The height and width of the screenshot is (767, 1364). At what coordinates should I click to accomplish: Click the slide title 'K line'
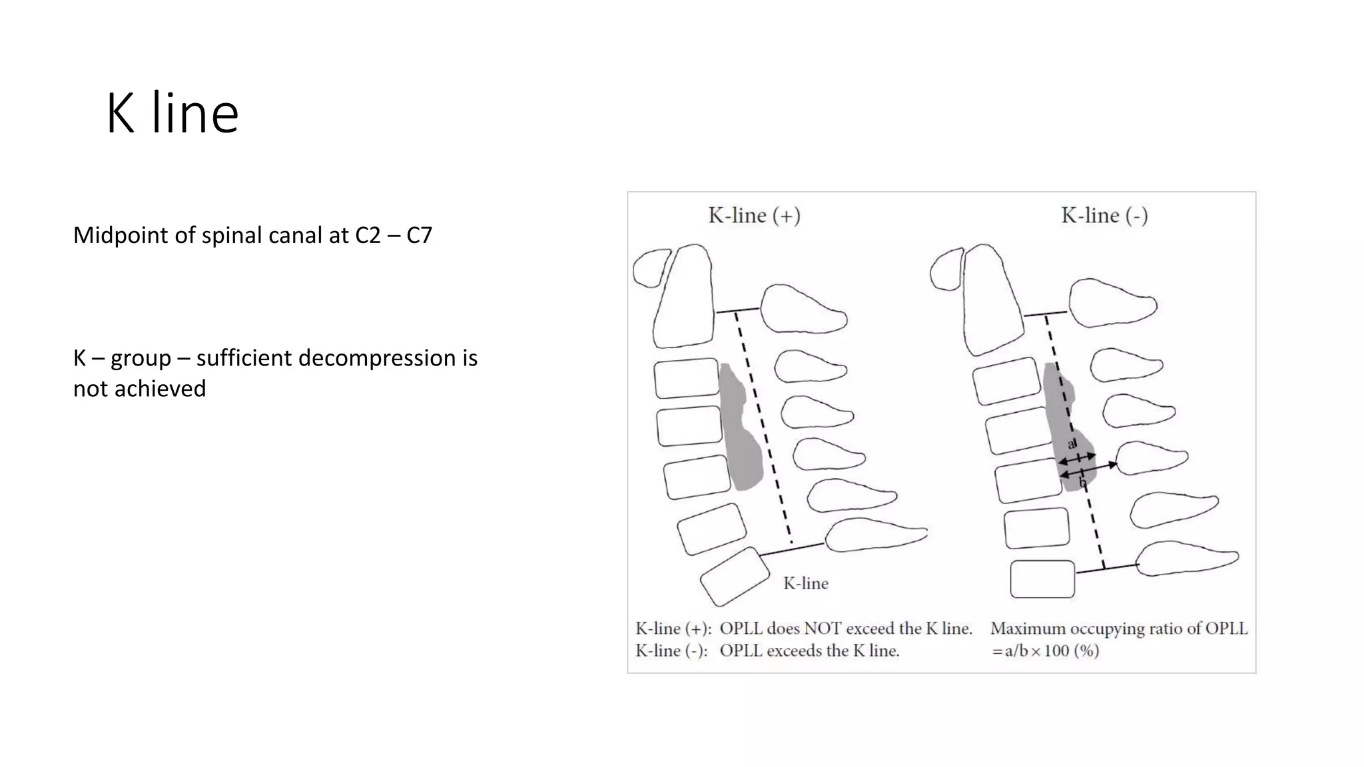pos(172,114)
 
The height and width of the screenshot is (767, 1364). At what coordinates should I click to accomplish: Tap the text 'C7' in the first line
pos(419,236)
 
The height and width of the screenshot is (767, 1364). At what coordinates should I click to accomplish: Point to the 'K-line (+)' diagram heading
pos(754,216)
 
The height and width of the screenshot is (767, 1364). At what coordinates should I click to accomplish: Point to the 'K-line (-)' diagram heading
pos(1104,216)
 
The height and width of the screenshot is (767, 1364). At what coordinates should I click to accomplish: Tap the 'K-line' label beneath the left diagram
pos(806,584)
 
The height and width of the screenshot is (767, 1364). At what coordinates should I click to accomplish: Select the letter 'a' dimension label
pos(1072,444)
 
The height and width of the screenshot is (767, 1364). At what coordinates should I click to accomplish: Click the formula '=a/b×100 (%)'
pos(1045,651)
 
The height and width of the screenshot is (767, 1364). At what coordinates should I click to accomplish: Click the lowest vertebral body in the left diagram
pos(735,577)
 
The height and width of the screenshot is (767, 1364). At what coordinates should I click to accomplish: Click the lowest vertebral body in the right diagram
pos(1042,579)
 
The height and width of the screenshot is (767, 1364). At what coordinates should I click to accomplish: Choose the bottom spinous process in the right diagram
pos(1186,558)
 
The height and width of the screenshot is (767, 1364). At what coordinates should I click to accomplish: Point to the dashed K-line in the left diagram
pos(763,426)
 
